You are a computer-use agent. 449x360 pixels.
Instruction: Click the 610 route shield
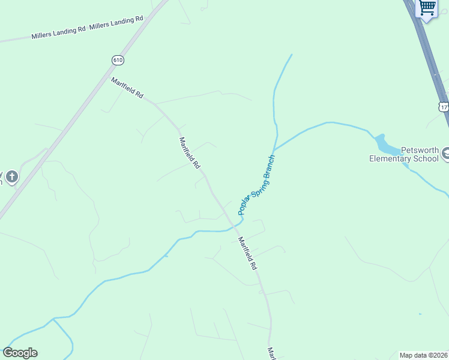118,59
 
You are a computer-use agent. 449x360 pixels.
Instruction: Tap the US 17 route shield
444,106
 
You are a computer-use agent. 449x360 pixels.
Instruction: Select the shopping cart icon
427,8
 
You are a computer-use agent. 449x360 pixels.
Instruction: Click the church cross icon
12,177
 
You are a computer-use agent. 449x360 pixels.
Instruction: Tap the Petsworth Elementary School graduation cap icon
446,154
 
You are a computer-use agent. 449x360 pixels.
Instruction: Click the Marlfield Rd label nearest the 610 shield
127,88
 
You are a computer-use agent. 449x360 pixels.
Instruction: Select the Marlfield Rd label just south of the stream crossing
247,253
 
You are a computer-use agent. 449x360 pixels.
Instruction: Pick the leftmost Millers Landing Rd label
58,34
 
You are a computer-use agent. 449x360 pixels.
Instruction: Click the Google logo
20,353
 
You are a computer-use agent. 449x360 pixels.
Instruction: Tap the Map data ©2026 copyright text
423,355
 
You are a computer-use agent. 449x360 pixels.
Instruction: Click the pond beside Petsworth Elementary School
384,146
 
